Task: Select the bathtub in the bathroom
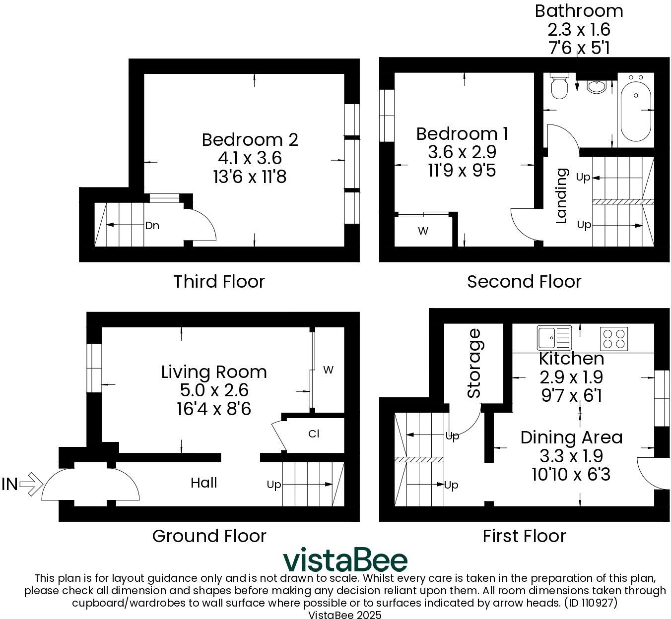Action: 636,111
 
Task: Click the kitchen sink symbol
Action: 554,338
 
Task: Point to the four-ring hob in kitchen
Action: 614,339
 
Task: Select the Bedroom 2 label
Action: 250,139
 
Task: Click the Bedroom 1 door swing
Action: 523,226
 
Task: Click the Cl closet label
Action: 313,433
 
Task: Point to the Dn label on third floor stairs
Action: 152,226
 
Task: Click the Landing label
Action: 561,196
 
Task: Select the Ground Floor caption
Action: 209,536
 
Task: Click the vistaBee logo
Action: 345,560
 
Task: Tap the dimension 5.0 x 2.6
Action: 214,390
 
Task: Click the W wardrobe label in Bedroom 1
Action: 423,231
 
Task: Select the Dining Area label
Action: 571,437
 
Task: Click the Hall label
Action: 203,483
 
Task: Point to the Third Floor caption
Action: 219,281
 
